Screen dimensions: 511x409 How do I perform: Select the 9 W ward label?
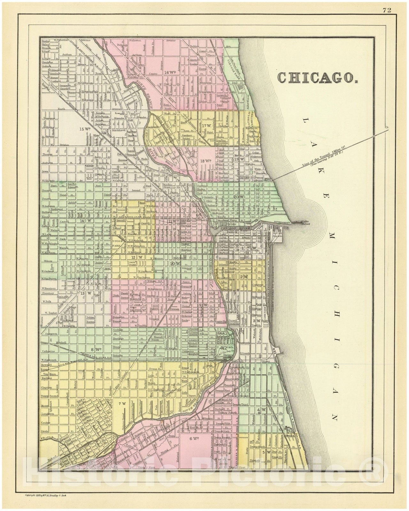pyautogui.click(x=203, y=305)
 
